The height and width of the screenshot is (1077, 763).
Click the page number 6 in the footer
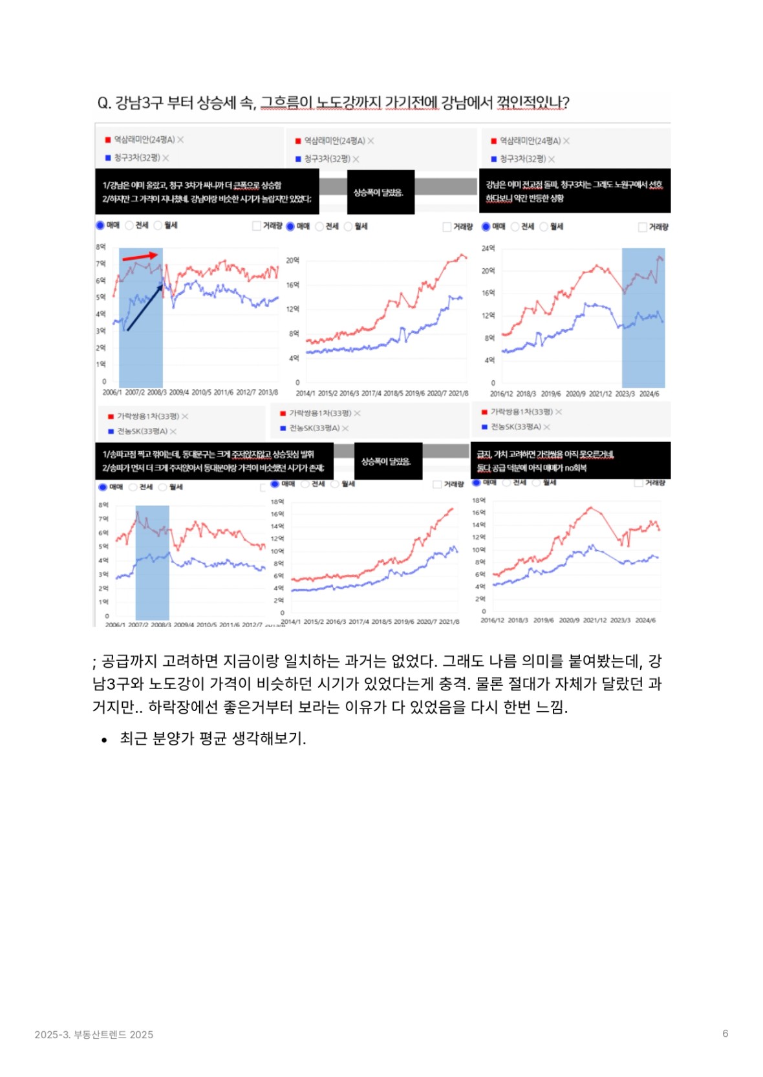click(x=725, y=1033)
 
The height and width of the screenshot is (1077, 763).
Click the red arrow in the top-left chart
click(x=140, y=257)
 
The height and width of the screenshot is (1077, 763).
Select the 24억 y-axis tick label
click(x=488, y=248)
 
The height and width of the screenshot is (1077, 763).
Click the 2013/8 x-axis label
click(x=268, y=392)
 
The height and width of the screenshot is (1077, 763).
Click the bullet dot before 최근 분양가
click(x=104, y=740)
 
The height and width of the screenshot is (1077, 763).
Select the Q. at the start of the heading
click(x=104, y=103)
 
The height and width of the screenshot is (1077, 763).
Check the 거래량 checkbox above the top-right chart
click(x=642, y=227)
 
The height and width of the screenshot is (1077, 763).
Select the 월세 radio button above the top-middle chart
click(x=348, y=226)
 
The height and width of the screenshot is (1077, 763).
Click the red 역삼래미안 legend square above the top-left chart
click(x=108, y=140)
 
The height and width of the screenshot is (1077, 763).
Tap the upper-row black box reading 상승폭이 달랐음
click(x=380, y=192)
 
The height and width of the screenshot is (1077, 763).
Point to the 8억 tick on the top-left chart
click(x=100, y=247)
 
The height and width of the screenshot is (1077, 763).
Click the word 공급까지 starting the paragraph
click(x=129, y=661)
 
